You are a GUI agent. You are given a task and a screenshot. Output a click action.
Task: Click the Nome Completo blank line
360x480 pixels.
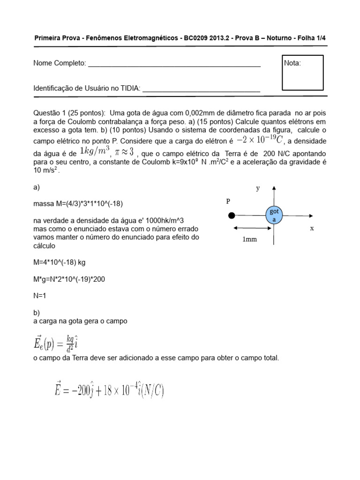[174, 66]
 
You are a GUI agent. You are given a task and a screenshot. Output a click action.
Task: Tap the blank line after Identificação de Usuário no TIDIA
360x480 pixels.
[201, 91]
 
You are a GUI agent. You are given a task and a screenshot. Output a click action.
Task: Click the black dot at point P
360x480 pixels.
[231, 216]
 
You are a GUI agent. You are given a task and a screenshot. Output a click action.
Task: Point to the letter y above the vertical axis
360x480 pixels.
[257, 188]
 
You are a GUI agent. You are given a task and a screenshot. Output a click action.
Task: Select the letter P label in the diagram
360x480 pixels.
[228, 201]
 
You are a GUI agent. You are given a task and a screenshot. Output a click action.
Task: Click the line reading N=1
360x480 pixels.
[41, 296]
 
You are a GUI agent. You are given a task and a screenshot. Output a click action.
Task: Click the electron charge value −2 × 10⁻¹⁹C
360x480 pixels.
[260, 140]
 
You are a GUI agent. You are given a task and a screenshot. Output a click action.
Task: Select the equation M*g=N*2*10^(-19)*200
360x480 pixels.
[76, 279]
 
